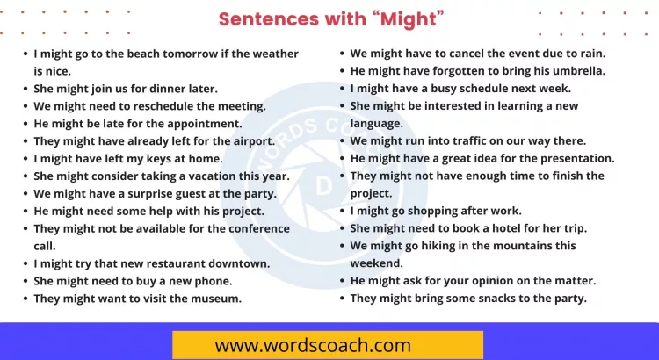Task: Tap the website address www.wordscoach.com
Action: click(x=313, y=345)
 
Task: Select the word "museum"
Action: click(x=216, y=299)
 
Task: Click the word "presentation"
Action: click(x=572, y=158)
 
